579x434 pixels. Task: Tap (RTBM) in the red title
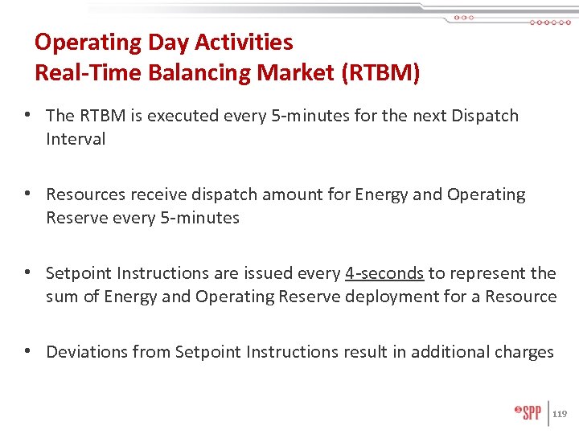click(380, 73)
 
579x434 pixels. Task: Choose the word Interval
click(76, 139)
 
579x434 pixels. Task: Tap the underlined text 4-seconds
click(384, 273)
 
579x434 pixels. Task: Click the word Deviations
click(87, 352)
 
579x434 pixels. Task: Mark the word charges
click(525, 352)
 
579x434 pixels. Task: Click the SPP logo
click(528, 413)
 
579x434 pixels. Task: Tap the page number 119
click(561, 414)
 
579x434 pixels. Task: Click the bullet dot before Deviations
click(28, 352)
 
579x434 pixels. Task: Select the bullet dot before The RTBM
click(28, 116)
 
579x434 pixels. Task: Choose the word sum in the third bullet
click(61, 297)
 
